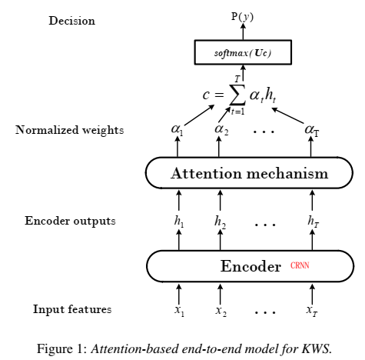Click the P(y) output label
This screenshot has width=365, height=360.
tap(242, 17)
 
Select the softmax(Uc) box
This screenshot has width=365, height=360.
tap(243, 52)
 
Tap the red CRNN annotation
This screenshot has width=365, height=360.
tap(300, 265)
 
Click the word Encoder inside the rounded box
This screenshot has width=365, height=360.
tap(251, 266)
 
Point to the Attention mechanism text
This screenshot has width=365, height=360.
tap(250, 173)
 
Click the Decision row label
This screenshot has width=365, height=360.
tap(72, 21)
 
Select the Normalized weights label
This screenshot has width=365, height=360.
tap(70, 130)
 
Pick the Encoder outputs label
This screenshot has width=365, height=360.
tap(70, 221)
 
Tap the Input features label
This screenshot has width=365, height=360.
tap(72, 309)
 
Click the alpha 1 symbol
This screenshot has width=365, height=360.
tap(178, 129)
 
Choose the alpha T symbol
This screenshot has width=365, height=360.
tap(312, 130)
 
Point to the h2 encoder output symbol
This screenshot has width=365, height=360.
tap(220, 222)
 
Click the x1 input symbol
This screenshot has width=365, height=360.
tap(179, 311)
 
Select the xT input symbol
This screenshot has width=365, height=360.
tap(312, 311)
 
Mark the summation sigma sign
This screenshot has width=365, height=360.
tap(237, 95)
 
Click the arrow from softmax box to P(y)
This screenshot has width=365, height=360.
tap(243, 32)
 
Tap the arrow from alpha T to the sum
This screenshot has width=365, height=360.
tap(288, 115)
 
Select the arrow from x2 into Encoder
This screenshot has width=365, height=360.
tap(220, 294)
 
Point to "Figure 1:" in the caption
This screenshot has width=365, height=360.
tap(62, 349)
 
